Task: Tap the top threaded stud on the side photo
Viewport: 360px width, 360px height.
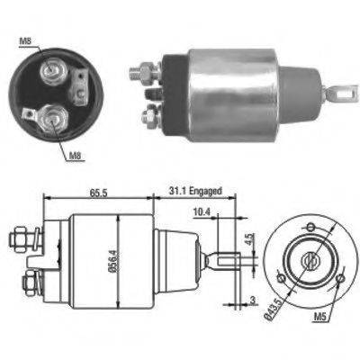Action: pos(144,67)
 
